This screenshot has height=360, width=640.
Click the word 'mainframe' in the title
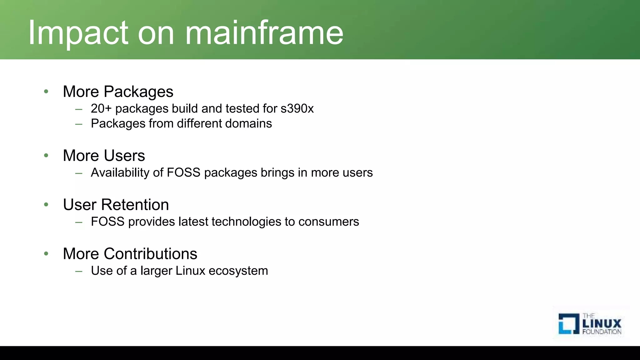[x=264, y=33]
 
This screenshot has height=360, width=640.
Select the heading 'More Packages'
[x=118, y=92]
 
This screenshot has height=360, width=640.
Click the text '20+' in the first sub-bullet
[x=101, y=108]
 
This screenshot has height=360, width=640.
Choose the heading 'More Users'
[x=104, y=156]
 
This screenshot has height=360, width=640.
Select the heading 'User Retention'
[x=116, y=205]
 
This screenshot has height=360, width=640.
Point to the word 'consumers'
[x=328, y=222]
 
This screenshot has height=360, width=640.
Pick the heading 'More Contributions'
[x=130, y=254]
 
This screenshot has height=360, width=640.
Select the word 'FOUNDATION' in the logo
[x=602, y=332]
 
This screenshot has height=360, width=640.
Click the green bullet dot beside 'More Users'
[x=46, y=155]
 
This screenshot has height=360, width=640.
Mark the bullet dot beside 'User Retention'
[x=46, y=205]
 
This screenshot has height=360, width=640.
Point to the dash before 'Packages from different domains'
[x=79, y=124]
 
